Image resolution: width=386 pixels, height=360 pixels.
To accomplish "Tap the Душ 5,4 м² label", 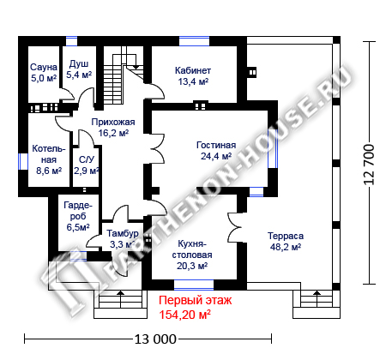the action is point(79,69).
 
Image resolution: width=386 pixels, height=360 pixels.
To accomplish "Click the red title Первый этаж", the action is point(196,301).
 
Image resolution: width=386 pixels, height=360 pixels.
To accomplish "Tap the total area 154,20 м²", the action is point(184,315).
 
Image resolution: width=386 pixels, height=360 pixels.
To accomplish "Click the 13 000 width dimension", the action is point(155,339).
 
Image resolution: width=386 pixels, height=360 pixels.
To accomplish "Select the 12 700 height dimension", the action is point(369,165).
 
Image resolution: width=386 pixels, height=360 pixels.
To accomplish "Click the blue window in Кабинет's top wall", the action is point(194,41).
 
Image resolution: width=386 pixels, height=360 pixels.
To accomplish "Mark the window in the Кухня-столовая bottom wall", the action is point(194,285).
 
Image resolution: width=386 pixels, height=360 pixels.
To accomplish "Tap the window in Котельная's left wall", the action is point(23,162).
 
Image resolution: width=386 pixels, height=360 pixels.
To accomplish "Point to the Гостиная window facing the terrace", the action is point(273,148).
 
